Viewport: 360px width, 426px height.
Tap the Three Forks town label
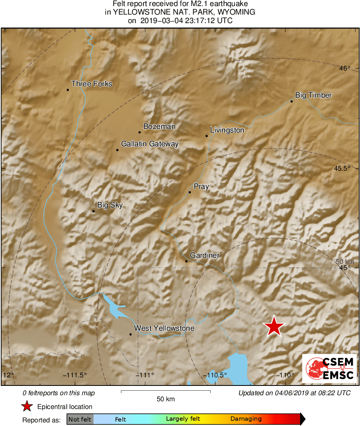click(x=92, y=84)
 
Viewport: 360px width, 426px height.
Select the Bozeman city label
click(x=160, y=126)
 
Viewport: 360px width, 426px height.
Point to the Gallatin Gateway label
click(x=150, y=144)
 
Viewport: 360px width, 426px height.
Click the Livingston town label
click(x=227, y=130)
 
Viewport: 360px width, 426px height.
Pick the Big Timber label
click(x=313, y=95)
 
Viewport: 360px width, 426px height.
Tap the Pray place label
click(x=201, y=186)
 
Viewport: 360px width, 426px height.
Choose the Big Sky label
click(x=110, y=206)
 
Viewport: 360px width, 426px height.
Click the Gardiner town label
click(x=204, y=255)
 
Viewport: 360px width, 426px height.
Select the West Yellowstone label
click(x=164, y=328)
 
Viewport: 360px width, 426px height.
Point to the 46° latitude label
click(x=345, y=69)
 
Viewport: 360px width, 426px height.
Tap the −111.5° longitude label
click(x=75, y=375)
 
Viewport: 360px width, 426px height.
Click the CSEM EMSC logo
click(x=330, y=368)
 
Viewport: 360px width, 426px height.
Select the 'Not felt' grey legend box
click(x=80, y=419)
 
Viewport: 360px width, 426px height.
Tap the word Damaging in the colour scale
click(x=246, y=419)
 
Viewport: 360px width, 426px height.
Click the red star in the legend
click(x=27, y=407)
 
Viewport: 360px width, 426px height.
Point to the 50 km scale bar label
click(x=166, y=399)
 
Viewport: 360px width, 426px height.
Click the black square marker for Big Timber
click(x=292, y=101)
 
